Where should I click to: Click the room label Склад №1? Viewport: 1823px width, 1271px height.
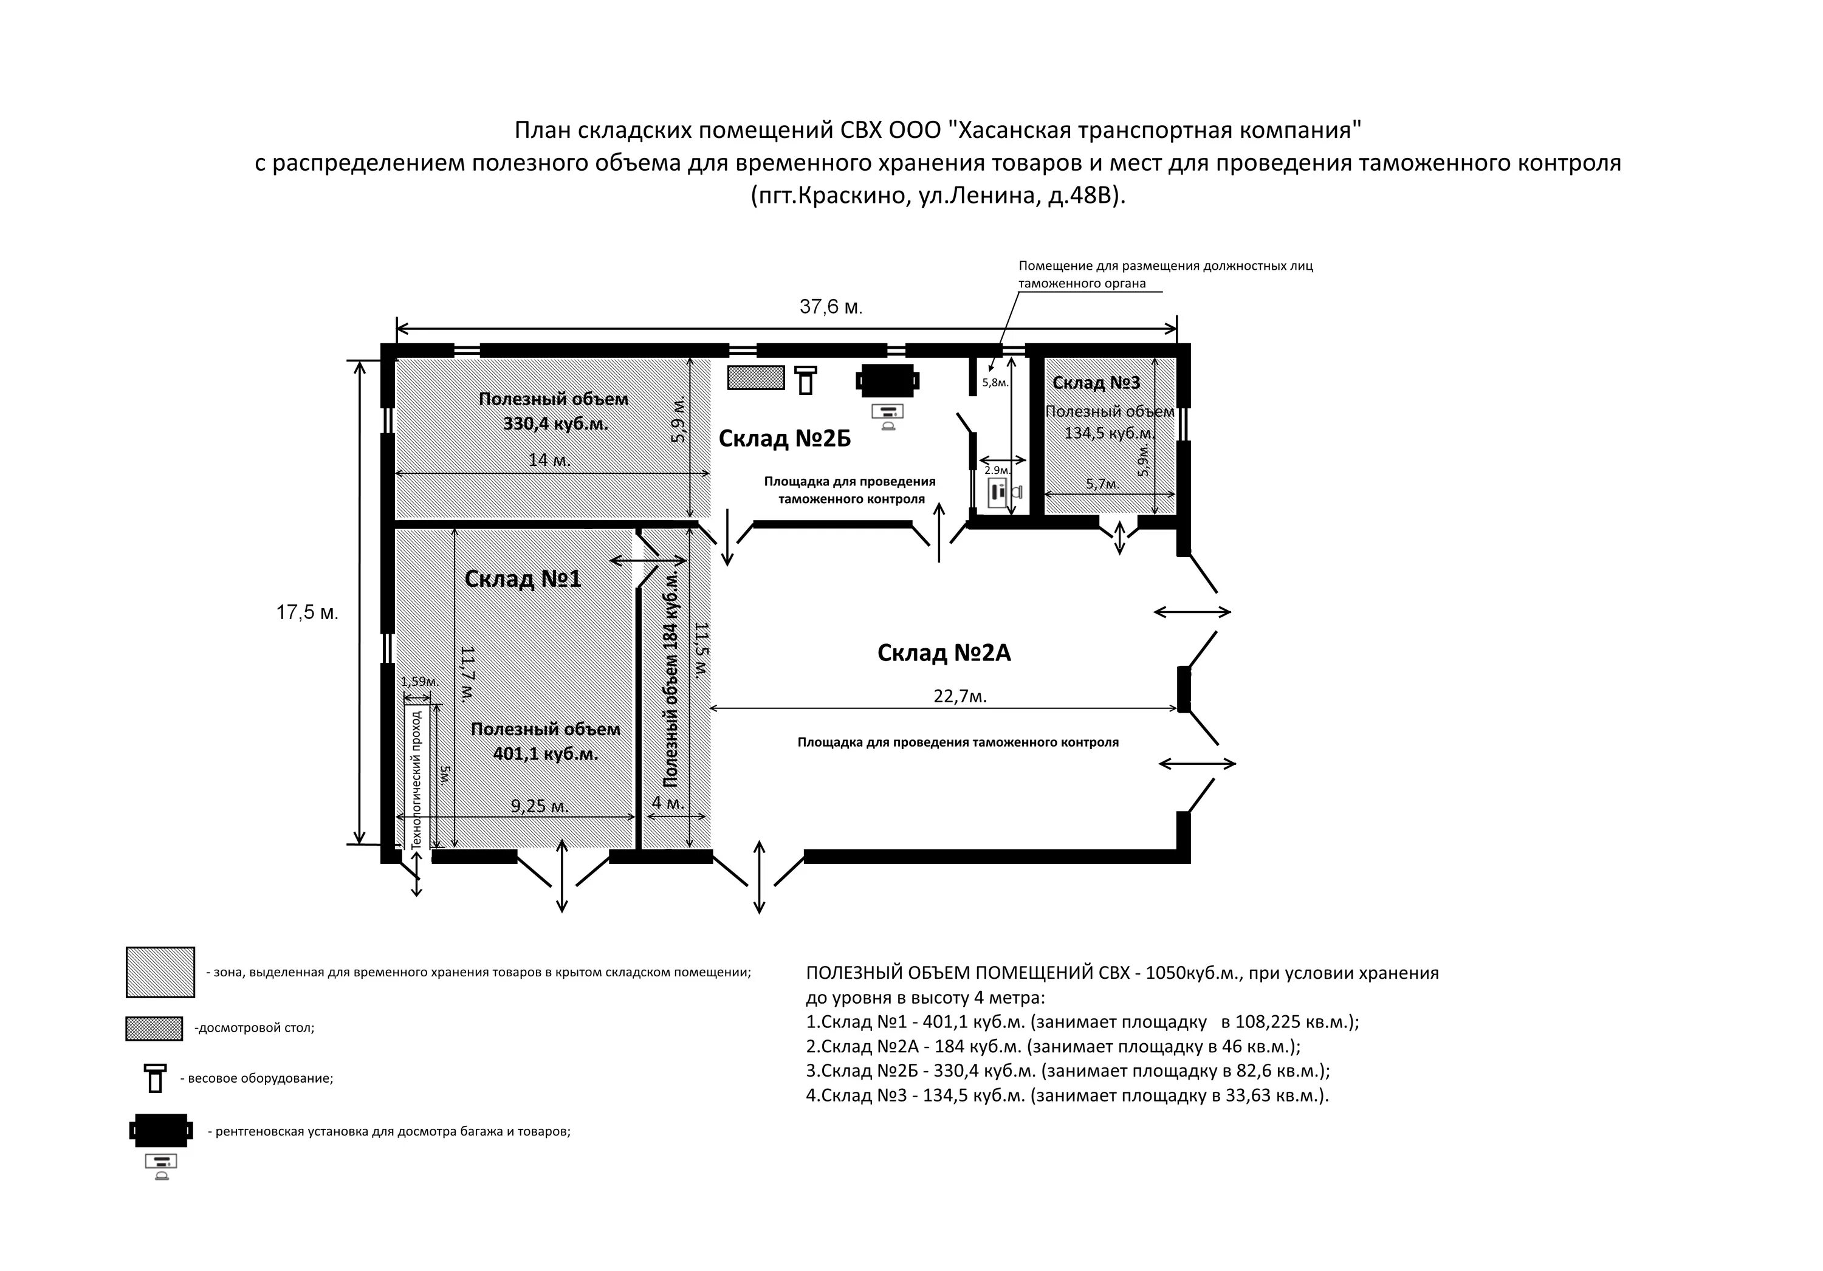click(x=523, y=579)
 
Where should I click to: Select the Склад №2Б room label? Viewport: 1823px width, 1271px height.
click(x=784, y=438)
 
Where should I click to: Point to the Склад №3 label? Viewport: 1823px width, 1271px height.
click(x=1096, y=383)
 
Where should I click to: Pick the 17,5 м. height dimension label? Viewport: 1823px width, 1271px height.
click(x=307, y=612)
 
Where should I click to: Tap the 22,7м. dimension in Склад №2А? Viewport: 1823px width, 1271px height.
click(x=960, y=696)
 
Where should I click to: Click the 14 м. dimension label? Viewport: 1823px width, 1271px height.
click(x=549, y=461)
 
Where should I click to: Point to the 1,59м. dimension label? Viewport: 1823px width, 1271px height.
click(x=419, y=681)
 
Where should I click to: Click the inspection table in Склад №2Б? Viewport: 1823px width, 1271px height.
click(x=756, y=378)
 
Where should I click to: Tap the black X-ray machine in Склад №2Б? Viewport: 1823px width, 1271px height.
click(x=888, y=380)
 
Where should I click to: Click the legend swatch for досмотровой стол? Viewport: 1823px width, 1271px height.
click(x=154, y=1029)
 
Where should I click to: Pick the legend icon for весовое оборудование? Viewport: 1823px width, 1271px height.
click(x=156, y=1078)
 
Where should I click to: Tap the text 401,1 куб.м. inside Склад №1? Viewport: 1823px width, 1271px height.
click(x=546, y=753)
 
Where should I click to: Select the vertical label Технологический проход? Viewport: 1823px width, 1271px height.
click(x=416, y=779)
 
